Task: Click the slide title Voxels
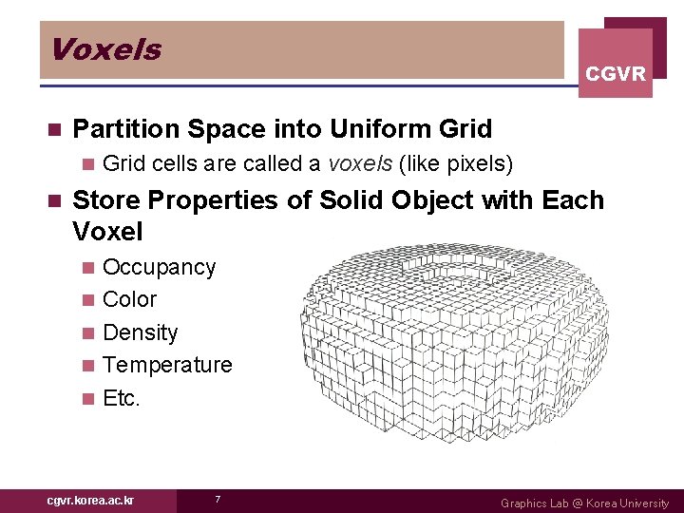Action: [105, 49]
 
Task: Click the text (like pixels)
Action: [456, 164]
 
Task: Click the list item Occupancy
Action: [159, 267]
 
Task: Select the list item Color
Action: [129, 299]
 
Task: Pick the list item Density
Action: [140, 332]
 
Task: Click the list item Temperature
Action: [167, 365]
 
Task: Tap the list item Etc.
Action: [121, 398]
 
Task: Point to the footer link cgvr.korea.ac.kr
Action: [90, 501]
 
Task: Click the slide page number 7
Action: [218, 501]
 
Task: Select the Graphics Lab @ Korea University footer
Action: [584, 503]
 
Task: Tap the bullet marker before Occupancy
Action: [89, 268]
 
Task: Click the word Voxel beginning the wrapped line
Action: [107, 232]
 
